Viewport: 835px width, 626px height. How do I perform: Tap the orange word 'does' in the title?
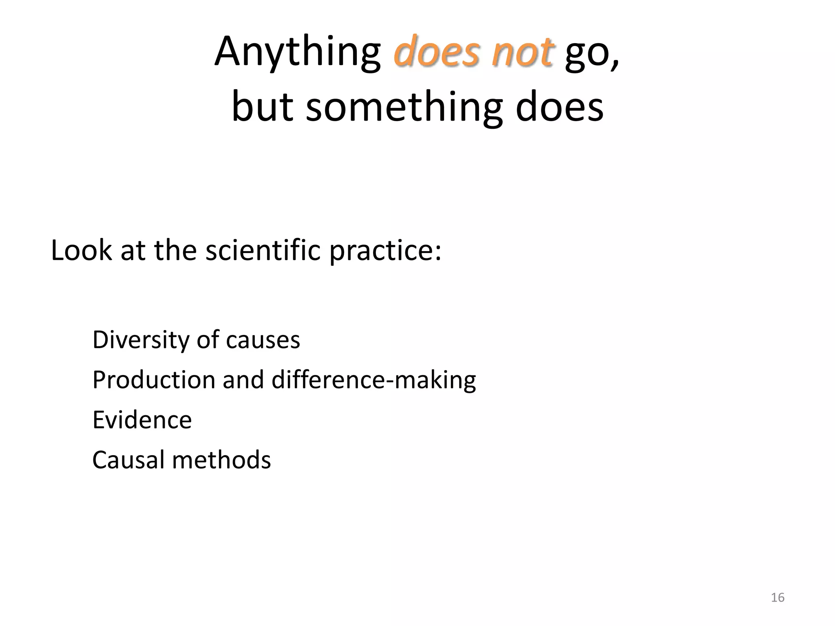[436, 52]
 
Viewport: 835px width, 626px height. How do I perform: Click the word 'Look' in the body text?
[81, 250]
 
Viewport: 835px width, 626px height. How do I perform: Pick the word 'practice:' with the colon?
[385, 251]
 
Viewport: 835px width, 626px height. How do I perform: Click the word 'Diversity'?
[141, 340]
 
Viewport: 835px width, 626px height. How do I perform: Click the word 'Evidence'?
[142, 420]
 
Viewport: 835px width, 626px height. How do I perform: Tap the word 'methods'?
[221, 460]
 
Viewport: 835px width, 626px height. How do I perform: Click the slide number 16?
[778, 597]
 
